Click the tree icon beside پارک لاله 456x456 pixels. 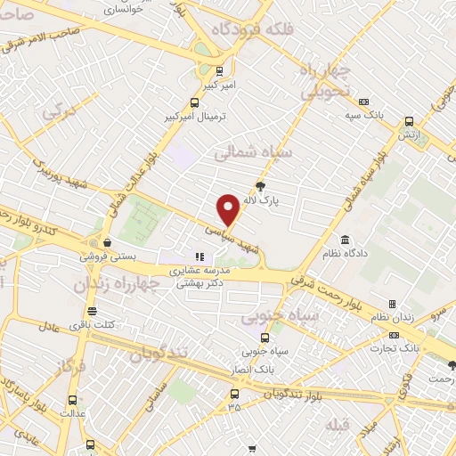click(260, 186)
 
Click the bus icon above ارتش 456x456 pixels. click(409, 120)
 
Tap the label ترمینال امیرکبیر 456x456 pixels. click(194, 118)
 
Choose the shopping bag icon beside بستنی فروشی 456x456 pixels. click(107, 242)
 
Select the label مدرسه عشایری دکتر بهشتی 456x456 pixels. click(200, 278)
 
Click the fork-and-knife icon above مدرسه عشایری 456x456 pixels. click(199, 257)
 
